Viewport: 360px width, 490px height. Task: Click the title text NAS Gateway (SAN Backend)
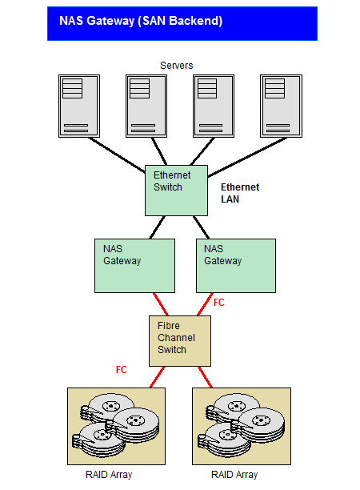tap(141, 21)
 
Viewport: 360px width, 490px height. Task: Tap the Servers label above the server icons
tap(177, 66)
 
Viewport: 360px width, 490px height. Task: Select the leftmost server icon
tap(79, 106)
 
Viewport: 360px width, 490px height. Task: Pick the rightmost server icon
tap(281, 106)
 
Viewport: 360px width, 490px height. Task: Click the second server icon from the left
tap(146, 106)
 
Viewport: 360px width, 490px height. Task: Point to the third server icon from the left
tap(214, 106)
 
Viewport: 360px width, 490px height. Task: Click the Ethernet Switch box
tap(177, 191)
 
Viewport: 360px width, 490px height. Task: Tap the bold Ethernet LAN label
tap(240, 193)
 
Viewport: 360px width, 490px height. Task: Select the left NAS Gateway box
tap(134, 266)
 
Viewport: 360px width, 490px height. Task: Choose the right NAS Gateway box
tap(236, 266)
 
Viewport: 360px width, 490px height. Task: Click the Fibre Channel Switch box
tap(180, 341)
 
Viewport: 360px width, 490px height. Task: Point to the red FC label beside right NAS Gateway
tap(218, 303)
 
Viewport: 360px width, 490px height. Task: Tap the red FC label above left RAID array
tap(121, 370)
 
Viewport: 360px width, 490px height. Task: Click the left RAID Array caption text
tap(109, 475)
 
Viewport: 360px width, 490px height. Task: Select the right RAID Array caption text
tap(234, 475)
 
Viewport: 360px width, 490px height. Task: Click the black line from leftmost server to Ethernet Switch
tap(117, 155)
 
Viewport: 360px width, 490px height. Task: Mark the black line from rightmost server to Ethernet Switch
tap(247, 157)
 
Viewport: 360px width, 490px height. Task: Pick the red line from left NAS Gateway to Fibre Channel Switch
tap(161, 304)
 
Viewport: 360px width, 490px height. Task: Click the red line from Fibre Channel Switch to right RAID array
tap(205, 377)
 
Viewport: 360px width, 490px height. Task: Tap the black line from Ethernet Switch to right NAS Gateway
tap(201, 227)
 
